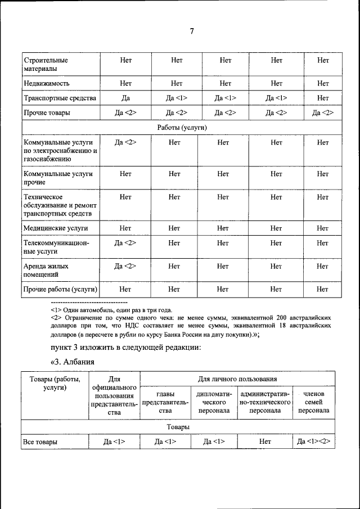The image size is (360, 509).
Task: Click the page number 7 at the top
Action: click(x=191, y=31)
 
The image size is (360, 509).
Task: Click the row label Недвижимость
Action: click(x=47, y=83)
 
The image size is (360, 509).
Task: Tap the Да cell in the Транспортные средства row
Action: click(x=125, y=98)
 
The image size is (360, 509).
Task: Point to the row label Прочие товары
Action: click(x=47, y=113)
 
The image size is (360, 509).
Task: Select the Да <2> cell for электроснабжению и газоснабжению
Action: click(x=125, y=143)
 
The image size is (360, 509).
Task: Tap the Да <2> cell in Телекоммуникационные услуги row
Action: click(x=125, y=243)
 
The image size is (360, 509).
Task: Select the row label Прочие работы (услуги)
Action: click(x=60, y=289)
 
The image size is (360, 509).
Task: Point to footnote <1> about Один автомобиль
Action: click(x=111, y=310)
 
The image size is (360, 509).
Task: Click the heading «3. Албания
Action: click(x=72, y=361)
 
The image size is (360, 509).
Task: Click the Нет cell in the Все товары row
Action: click(x=265, y=442)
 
